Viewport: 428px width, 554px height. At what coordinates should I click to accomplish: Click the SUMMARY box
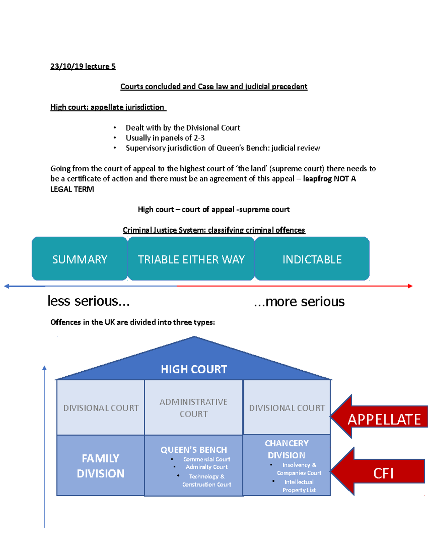(x=80, y=259)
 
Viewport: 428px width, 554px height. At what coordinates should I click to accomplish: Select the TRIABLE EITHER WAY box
(x=191, y=259)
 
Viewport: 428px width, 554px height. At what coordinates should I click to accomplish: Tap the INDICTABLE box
(x=312, y=259)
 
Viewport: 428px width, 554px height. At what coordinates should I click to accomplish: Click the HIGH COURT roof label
(x=194, y=369)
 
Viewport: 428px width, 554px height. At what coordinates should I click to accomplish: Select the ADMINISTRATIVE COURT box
(x=193, y=408)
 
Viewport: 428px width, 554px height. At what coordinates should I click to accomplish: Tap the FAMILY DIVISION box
(x=101, y=466)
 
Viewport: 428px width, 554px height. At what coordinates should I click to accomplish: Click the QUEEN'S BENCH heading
(x=194, y=449)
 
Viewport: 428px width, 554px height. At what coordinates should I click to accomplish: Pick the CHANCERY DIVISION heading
(x=286, y=449)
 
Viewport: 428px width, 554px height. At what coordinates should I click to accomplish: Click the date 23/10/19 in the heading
(x=67, y=66)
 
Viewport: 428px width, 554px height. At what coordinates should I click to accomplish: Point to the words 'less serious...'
(x=88, y=301)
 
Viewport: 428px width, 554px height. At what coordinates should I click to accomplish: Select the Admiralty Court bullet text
(x=207, y=467)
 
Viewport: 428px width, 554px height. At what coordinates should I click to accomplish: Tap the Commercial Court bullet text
(x=207, y=459)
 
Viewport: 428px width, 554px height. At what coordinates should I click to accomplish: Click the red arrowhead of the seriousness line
(x=410, y=286)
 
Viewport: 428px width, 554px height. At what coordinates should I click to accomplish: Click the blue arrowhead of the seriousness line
(x=6, y=286)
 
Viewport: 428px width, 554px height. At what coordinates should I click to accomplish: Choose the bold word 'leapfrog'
(x=317, y=179)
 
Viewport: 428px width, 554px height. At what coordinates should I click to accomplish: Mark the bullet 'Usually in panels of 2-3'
(x=165, y=138)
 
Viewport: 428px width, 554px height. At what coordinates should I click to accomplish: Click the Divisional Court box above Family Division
(x=101, y=408)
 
